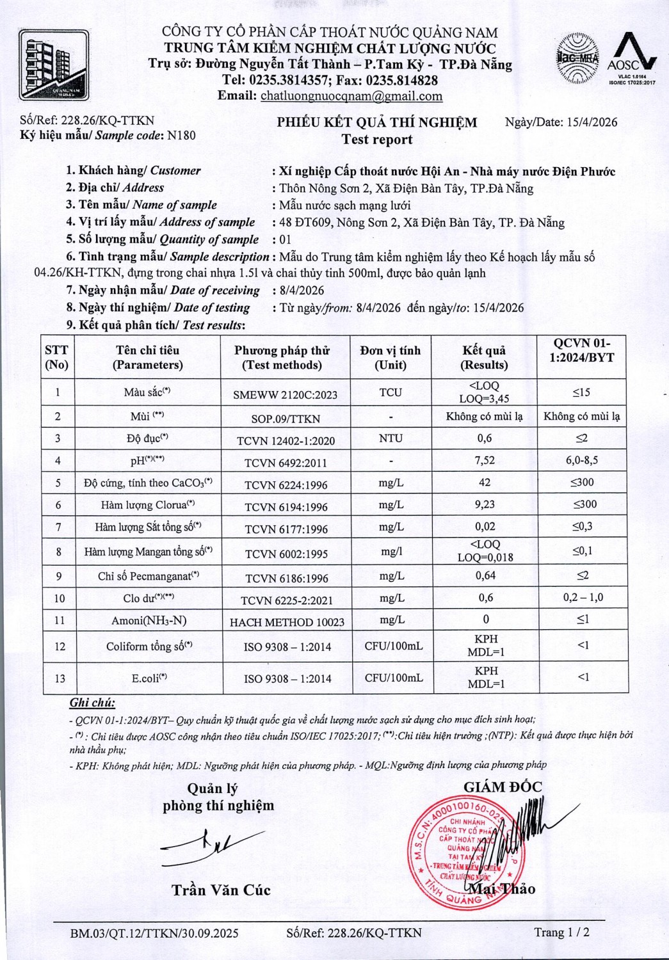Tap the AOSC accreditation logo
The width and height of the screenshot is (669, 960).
pyautogui.click(x=632, y=59)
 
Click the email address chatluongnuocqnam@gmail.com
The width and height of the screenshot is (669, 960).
pyautogui.click(x=351, y=96)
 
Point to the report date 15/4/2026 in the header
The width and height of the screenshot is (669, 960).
pyautogui.click(x=592, y=122)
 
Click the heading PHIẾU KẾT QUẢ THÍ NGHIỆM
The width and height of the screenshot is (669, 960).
pyautogui.click(x=376, y=123)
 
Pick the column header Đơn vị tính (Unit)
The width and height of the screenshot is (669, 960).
pyautogui.click(x=391, y=357)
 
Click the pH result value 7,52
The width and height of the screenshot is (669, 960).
pyautogui.click(x=485, y=460)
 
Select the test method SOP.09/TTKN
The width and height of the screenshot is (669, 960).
pyautogui.click(x=286, y=419)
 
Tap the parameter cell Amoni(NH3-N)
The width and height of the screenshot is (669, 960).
pyautogui.click(x=149, y=620)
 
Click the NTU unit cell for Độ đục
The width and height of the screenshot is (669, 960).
pyautogui.click(x=391, y=438)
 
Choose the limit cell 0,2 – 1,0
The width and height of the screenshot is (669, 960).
pyautogui.click(x=583, y=597)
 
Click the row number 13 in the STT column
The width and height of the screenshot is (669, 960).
pyautogui.click(x=60, y=678)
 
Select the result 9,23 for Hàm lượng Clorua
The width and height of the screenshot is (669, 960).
pyautogui.click(x=485, y=504)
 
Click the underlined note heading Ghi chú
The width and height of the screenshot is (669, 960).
pyautogui.click(x=92, y=703)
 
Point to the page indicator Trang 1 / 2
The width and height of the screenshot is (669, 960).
pyautogui.click(x=561, y=932)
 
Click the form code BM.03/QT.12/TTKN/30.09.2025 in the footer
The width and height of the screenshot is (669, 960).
pyautogui.click(x=154, y=933)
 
